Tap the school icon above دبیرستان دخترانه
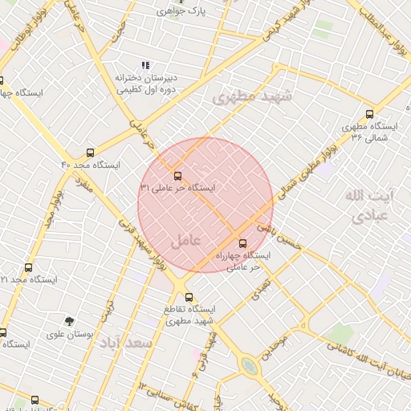coord(144,65)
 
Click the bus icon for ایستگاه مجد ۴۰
coord(89,151)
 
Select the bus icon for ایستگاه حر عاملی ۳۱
coord(177,174)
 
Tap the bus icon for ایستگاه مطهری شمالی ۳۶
coord(369,114)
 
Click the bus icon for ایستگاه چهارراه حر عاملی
coord(243,242)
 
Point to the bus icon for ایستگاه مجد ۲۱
coord(29,267)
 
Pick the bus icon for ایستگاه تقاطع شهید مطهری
coord(188,296)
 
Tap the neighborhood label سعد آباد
coord(126,344)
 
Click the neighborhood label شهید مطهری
coord(253,96)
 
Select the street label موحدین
coord(273,344)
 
